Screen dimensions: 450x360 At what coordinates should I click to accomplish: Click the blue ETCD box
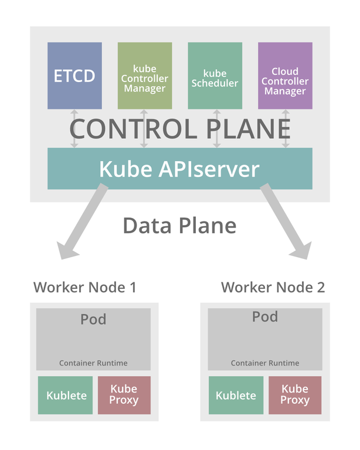click(x=74, y=76)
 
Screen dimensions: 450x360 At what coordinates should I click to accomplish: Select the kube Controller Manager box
click(x=144, y=76)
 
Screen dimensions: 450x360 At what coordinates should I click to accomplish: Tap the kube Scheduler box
click(x=215, y=76)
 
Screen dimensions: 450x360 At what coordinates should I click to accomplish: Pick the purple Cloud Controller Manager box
click(x=285, y=76)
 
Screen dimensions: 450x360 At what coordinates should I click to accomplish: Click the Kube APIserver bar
click(x=179, y=169)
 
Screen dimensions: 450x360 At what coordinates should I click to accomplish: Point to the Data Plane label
click(x=179, y=226)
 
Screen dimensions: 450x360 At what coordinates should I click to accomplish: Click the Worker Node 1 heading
click(x=85, y=287)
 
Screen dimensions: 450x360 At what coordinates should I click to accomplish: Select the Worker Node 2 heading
click(x=273, y=287)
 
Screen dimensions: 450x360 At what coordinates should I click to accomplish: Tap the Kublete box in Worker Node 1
click(x=66, y=396)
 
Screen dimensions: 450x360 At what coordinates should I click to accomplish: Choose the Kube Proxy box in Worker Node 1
click(x=124, y=396)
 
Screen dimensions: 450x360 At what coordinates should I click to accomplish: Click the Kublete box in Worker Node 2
click(x=236, y=396)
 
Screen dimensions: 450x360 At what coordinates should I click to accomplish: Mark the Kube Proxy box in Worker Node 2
click(x=295, y=396)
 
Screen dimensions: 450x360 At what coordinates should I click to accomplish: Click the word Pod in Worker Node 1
click(x=93, y=319)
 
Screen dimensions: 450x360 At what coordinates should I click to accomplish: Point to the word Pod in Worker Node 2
click(x=265, y=317)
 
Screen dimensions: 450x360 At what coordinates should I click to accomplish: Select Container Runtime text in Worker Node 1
click(x=93, y=363)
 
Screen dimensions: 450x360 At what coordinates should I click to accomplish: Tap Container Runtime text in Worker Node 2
click(x=265, y=363)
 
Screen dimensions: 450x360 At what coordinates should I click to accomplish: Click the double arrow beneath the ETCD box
click(x=74, y=128)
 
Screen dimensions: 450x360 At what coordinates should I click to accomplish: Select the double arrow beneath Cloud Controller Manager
click(x=286, y=128)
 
